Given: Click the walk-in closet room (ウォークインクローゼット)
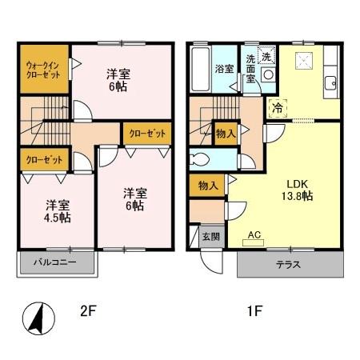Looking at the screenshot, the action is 44,70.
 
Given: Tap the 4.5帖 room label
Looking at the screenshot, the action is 58,211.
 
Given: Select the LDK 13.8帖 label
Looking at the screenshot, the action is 298,190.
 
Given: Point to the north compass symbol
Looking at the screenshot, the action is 38,319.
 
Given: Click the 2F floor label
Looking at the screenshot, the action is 88,311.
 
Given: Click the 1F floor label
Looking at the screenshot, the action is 255,311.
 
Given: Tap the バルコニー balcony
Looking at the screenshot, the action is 57,262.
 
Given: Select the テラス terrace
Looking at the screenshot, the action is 290,265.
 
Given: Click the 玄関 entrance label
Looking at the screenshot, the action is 211,237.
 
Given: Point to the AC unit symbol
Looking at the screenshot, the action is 254,242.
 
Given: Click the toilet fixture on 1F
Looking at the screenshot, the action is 198,159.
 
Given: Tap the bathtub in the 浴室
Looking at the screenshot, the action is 200,70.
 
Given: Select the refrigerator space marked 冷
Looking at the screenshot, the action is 278,108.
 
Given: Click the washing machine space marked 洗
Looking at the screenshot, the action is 266,55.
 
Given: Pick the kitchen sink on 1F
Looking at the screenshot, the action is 331,83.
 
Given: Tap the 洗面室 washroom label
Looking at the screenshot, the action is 250,69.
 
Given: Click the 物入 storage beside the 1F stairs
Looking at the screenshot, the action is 226,134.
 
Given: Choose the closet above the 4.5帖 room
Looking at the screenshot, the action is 44,160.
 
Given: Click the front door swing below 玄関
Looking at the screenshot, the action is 211,262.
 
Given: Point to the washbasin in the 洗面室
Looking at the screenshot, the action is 268,74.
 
